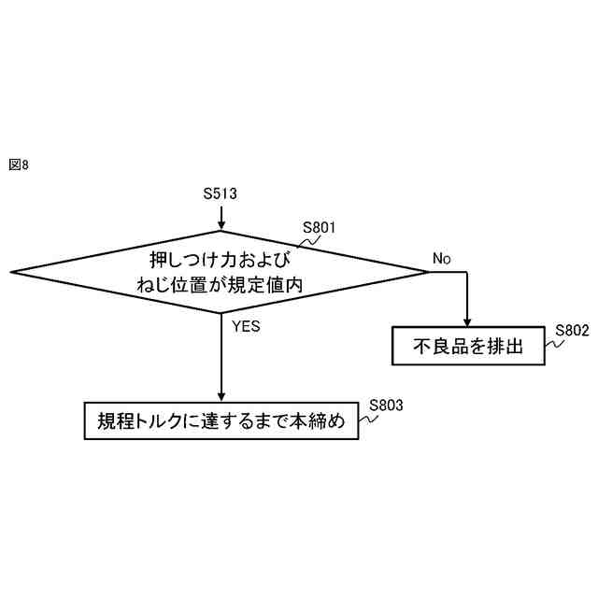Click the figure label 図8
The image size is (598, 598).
[19, 164]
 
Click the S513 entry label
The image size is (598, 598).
[221, 194]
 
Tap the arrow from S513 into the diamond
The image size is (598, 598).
[221, 217]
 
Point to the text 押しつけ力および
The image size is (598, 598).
[221, 259]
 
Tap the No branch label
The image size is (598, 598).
[442, 258]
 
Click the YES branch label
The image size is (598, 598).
[245, 327]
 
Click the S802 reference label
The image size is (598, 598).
[572, 330]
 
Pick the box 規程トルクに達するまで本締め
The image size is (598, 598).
[221, 421]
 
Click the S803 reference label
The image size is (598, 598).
[386, 405]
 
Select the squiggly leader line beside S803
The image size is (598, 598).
[367, 418]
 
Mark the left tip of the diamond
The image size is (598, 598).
[12, 272]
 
